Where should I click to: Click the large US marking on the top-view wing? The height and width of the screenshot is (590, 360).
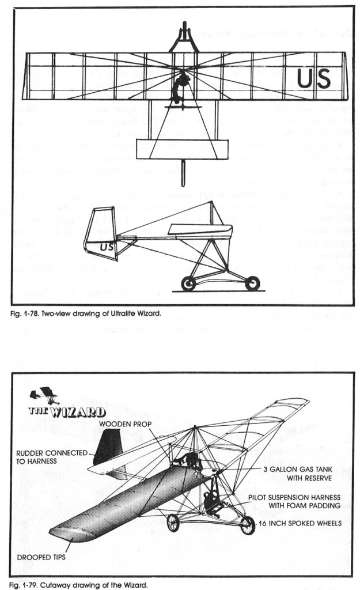[x=314, y=78]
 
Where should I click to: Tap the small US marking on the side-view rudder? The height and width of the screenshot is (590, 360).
[x=106, y=247]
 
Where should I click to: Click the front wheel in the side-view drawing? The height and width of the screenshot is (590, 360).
[x=252, y=283]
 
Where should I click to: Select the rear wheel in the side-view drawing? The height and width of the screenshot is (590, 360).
[x=188, y=283]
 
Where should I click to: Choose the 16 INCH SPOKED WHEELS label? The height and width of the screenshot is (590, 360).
[x=298, y=523]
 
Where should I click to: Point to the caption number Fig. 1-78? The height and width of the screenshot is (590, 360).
[x=27, y=314]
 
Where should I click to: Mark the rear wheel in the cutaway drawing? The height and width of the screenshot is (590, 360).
[x=173, y=523]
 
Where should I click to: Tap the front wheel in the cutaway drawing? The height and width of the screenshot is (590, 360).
[x=247, y=525]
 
